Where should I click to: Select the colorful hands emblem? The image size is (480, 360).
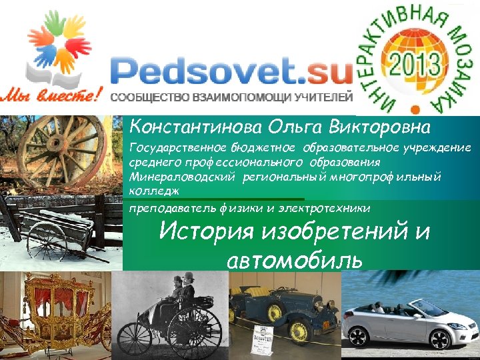coord(57,47)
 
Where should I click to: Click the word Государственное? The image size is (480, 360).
coord(170,147)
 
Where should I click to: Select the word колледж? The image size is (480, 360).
coord(152,191)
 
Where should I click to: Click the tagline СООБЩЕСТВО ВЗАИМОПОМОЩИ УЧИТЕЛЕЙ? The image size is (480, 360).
coord(231,97)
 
